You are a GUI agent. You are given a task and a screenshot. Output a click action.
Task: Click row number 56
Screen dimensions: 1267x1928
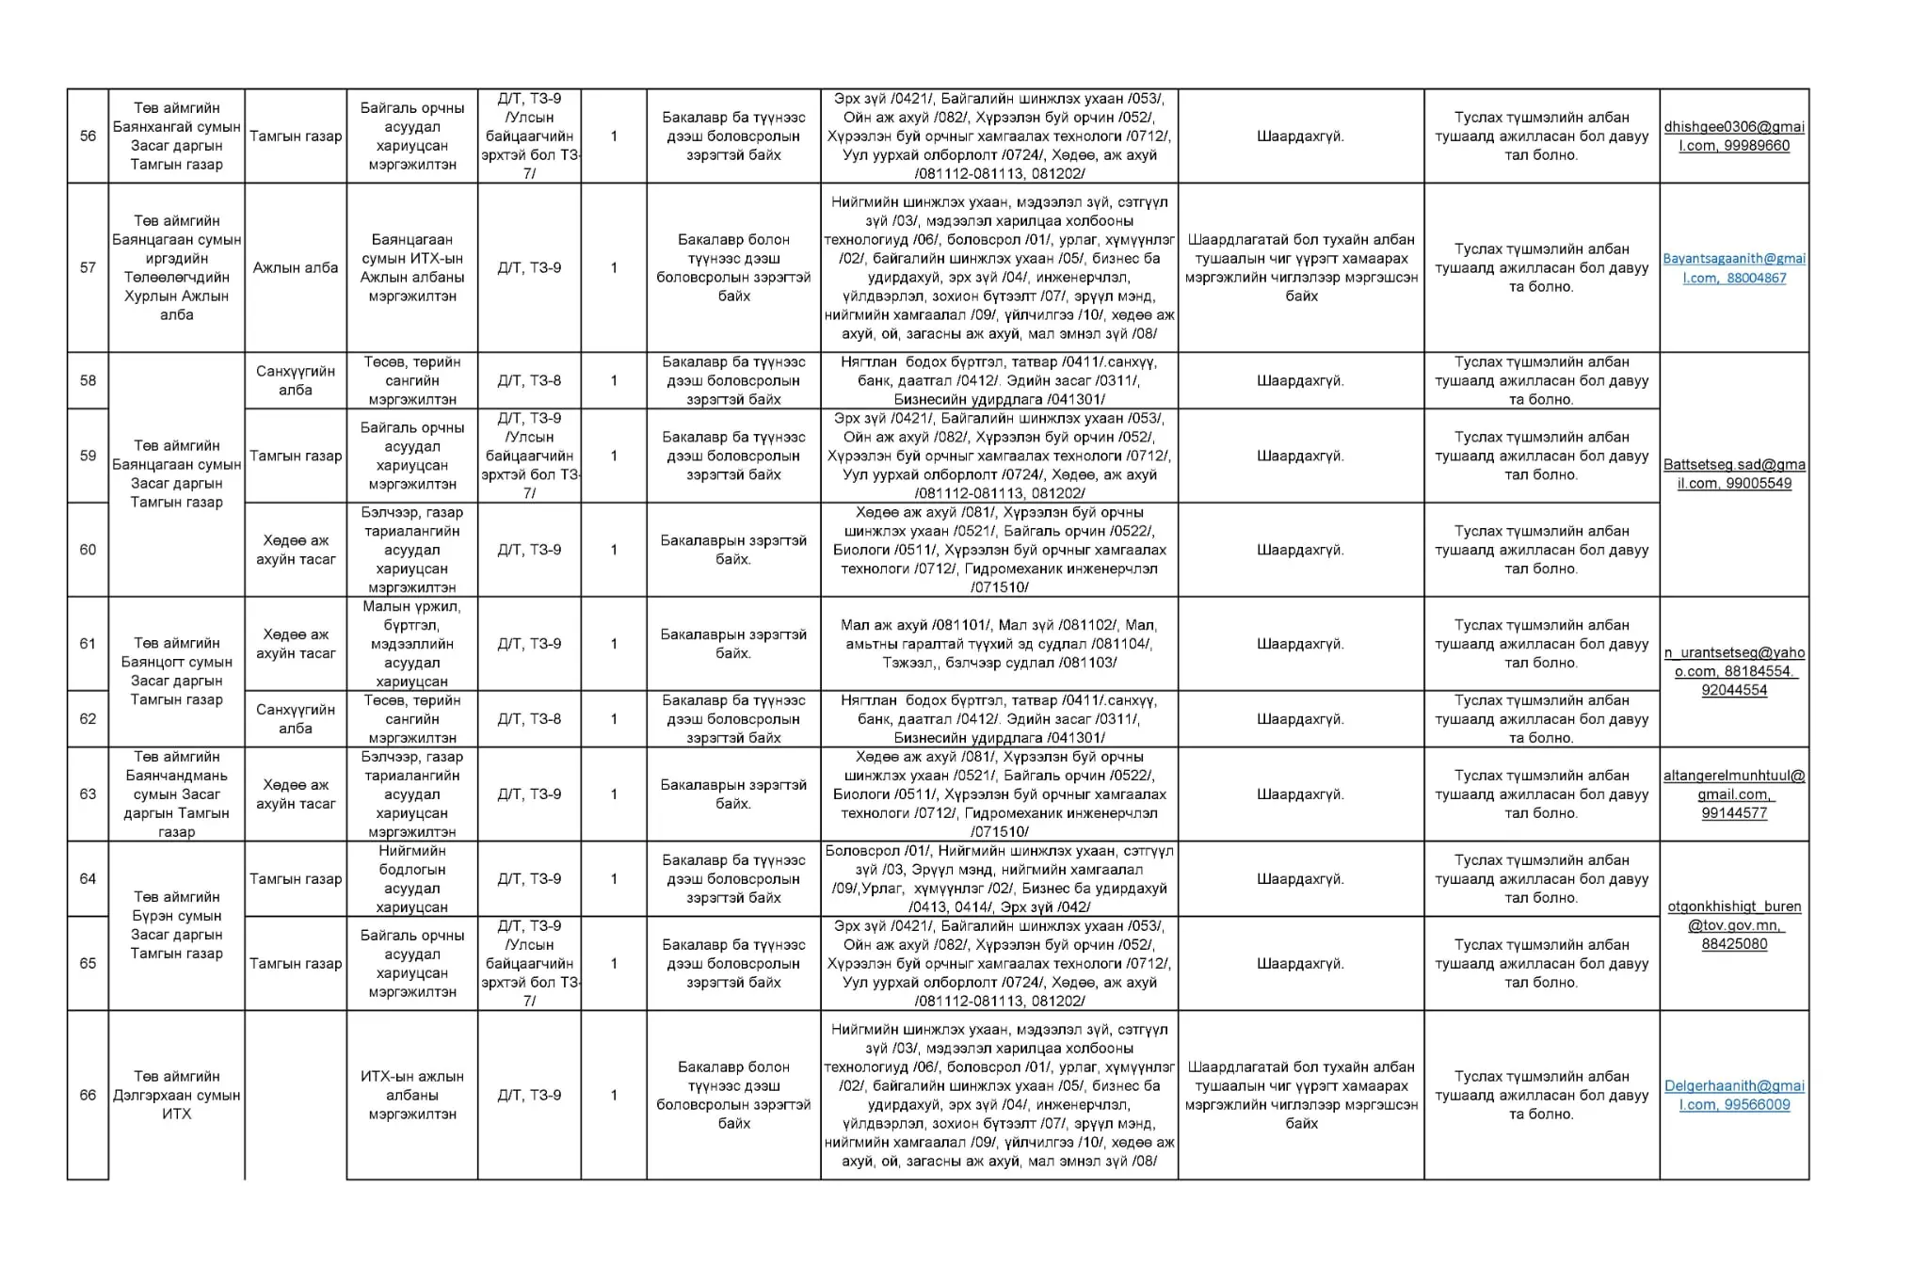click(x=88, y=136)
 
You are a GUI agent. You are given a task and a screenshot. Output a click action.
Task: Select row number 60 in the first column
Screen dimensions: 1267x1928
click(x=88, y=550)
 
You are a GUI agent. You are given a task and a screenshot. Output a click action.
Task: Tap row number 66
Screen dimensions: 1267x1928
click(x=88, y=1095)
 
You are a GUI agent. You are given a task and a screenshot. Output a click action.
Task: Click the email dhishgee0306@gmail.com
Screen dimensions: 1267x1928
click(x=1734, y=136)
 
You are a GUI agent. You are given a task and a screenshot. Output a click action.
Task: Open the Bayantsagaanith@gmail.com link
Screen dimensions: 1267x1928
click(x=1734, y=267)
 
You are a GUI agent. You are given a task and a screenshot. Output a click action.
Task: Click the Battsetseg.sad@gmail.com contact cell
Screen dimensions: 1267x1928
click(x=1734, y=473)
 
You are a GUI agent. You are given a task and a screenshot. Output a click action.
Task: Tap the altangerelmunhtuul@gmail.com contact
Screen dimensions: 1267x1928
click(x=1734, y=794)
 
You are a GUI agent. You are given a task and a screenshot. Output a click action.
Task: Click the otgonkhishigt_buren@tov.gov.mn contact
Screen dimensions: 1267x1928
click(x=1734, y=924)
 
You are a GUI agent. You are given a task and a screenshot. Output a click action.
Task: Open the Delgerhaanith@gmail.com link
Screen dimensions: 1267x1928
click(x=1734, y=1095)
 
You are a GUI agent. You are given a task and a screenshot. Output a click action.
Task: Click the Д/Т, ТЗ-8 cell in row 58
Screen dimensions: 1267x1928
click(x=529, y=380)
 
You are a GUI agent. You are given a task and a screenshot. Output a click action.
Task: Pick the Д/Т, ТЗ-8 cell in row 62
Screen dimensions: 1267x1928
click(x=529, y=719)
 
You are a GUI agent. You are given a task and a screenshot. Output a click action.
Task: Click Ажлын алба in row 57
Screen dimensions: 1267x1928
click(x=296, y=267)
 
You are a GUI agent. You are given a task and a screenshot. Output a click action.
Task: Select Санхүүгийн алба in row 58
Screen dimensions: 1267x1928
click(x=296, y=380)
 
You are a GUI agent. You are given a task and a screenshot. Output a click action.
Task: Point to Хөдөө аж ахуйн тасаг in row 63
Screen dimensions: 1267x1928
click(x=296, y=794)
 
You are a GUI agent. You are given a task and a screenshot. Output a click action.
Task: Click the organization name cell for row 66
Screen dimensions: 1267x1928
click(x=176, y=1095)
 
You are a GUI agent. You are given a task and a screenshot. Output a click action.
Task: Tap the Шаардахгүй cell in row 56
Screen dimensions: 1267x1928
click(x=1300, y=136)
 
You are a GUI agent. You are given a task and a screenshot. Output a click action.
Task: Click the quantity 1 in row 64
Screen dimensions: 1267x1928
click(x=614, y=878)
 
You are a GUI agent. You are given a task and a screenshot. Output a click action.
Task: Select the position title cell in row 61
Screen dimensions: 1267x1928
click(x=411, y=644)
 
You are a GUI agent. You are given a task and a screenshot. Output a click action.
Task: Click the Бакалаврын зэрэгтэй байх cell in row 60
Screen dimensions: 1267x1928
click(x=733, y=550)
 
